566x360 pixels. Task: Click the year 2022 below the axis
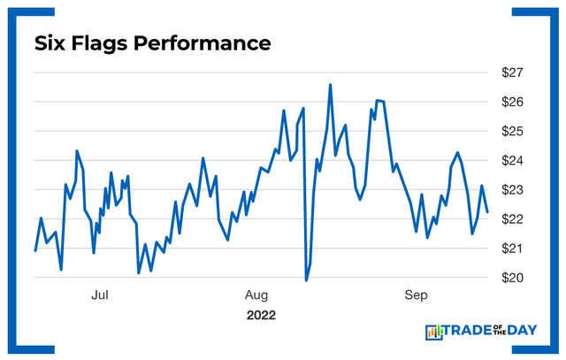point(261,315)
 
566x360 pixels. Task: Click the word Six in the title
point(50,42)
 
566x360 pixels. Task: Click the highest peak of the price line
point(330,85)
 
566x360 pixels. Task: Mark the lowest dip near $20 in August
point(306,280)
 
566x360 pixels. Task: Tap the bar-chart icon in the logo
point(434,333)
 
